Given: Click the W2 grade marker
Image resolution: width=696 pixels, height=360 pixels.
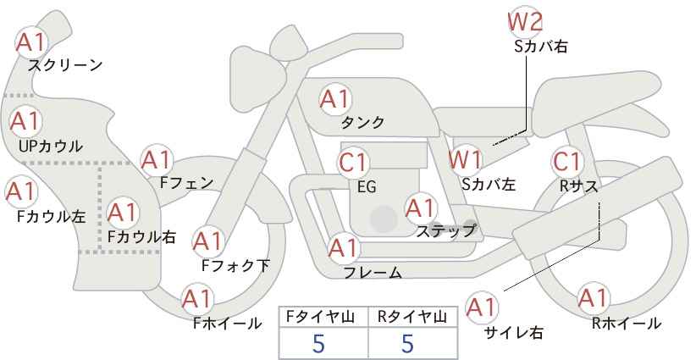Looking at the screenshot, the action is click(525, 23).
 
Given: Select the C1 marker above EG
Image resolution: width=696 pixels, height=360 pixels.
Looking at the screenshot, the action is click(353, 163).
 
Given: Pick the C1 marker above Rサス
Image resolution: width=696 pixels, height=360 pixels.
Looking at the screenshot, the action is click(566, 162).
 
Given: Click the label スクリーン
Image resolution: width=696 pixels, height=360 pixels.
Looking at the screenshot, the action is click(65, 65).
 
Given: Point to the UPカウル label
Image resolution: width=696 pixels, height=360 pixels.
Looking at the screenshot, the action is click(50, 146).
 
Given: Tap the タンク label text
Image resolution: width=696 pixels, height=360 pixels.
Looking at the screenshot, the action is click(362, 122).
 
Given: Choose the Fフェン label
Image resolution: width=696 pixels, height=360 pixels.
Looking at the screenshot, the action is click(186, 182).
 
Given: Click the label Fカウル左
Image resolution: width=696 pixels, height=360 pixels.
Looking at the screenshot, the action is click(51, 216).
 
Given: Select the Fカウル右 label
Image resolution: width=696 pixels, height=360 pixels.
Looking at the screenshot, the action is click(142, 236).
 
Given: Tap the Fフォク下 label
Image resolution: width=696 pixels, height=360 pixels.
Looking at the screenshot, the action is click(235, 265).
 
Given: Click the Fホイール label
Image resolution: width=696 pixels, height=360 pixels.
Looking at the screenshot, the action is click(228, 324).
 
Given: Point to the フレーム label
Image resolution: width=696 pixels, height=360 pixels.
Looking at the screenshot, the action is click(373, 273).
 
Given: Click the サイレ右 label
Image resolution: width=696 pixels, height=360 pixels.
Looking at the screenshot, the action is click(514, 333).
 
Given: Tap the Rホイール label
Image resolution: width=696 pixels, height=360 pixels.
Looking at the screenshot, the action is click(627, 324).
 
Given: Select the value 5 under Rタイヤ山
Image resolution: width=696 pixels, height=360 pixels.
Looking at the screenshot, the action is click(407, 343).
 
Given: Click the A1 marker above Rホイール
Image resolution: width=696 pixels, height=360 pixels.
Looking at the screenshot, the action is click(593, 298).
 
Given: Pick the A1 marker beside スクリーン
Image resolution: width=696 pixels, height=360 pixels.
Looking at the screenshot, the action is click(31, 42).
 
